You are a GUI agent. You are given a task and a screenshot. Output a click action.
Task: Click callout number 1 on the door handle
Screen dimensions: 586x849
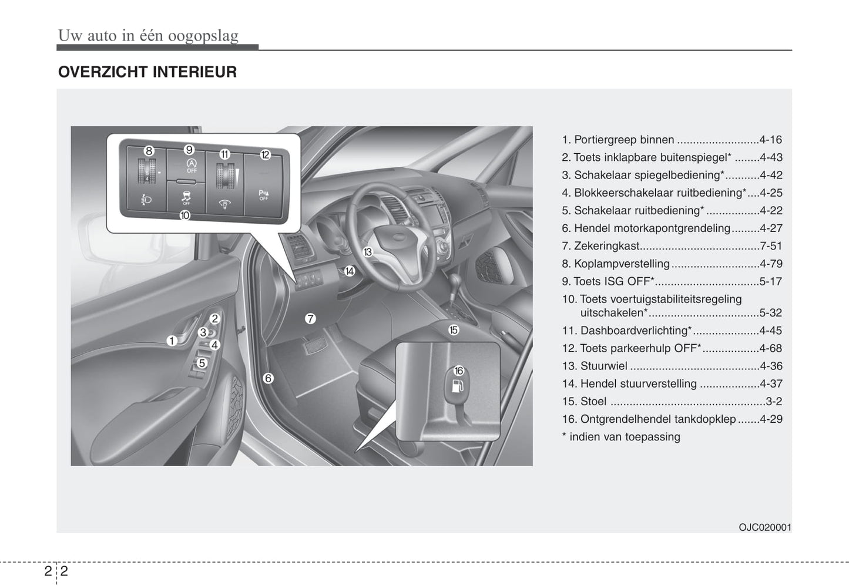[x=172, y=341]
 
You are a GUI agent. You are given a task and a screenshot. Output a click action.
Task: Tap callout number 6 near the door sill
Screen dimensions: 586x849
[x=268, y=378]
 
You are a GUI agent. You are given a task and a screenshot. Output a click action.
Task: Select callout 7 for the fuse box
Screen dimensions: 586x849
[x=310, y=319]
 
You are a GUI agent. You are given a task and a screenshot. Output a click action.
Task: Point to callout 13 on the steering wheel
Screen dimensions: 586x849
[x=368, y=252]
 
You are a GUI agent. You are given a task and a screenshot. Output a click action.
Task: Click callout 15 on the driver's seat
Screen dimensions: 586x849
[x=453, y=330]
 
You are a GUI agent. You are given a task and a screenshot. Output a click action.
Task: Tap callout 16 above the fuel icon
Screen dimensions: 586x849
[x=458, y=371]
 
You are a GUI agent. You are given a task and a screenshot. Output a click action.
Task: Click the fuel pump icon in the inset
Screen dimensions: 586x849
[x=458, y=386]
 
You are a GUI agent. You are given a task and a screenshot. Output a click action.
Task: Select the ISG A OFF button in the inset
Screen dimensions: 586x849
[x=192, y=165]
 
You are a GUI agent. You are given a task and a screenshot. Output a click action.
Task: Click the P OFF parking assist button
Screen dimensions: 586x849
[x=264, y=195]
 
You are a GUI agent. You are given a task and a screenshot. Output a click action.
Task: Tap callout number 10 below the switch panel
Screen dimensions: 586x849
[x=184, y=215]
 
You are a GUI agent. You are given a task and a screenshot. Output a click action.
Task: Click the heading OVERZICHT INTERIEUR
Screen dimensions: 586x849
[x=147, y=72]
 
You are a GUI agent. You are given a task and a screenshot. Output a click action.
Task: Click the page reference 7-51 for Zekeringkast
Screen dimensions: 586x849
[x=770, y=246]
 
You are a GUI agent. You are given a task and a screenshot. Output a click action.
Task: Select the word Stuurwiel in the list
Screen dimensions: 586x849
[x=603, y=366]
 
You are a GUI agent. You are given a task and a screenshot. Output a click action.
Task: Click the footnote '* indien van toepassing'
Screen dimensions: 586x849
[x=621, y=437]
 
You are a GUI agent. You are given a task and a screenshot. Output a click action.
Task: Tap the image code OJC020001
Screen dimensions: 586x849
[x=764, y=527]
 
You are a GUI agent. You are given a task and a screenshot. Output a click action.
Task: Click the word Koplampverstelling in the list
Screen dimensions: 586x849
[x=622, y=264]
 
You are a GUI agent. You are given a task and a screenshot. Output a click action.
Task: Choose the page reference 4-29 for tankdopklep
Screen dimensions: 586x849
[x=770, y=419]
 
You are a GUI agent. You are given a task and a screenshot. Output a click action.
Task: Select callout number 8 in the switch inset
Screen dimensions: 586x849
[x=149, y=151]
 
